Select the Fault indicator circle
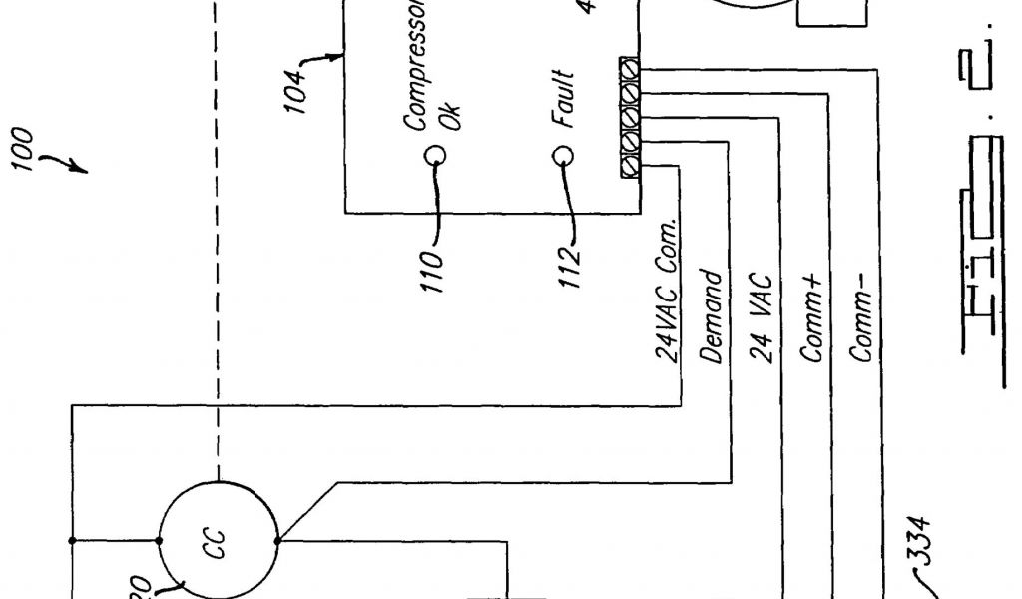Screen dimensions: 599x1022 (x=564, y=156)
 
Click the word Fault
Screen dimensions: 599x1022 (x=564, y=100)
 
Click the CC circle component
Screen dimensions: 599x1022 (x=218, y=540)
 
